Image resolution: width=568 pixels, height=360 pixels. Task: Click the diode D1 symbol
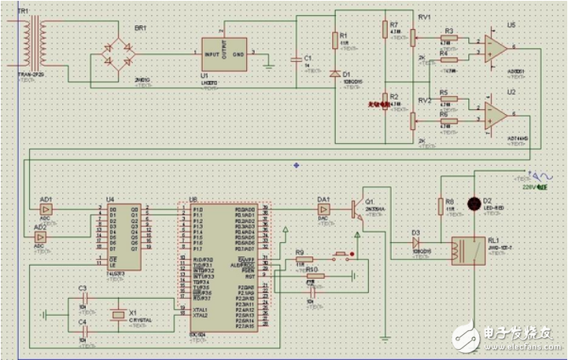336,75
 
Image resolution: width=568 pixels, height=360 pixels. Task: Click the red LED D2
474,204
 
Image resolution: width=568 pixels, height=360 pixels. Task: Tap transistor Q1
360,210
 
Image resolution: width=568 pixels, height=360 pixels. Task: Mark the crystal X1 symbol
118,314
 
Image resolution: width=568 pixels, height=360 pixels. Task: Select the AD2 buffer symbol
41,237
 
